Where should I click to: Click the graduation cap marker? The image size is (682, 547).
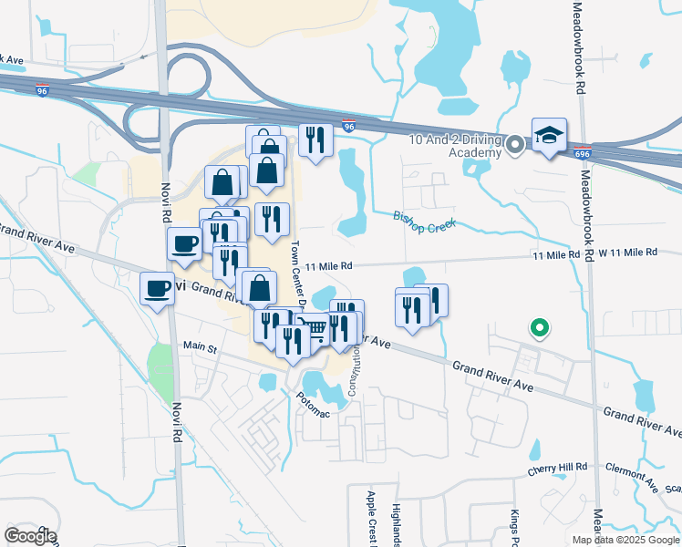(x=549, y=136)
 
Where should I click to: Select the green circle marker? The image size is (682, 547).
(x=539, y=326)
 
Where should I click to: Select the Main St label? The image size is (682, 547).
(x=200, y=346)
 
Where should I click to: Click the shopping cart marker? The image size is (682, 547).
(x=314, y=329)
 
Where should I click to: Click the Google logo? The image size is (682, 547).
(x=30, y=535)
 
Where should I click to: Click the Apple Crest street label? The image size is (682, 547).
(x=371, y=515)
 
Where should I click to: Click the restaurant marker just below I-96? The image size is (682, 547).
(x=315, y=139)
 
